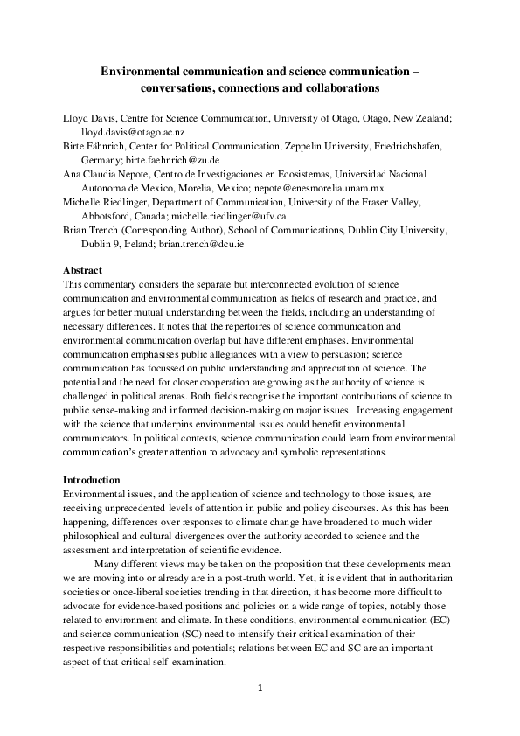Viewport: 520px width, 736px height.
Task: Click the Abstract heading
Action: coord(83,270)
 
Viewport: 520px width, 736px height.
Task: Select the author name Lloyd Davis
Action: coord(87,115)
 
